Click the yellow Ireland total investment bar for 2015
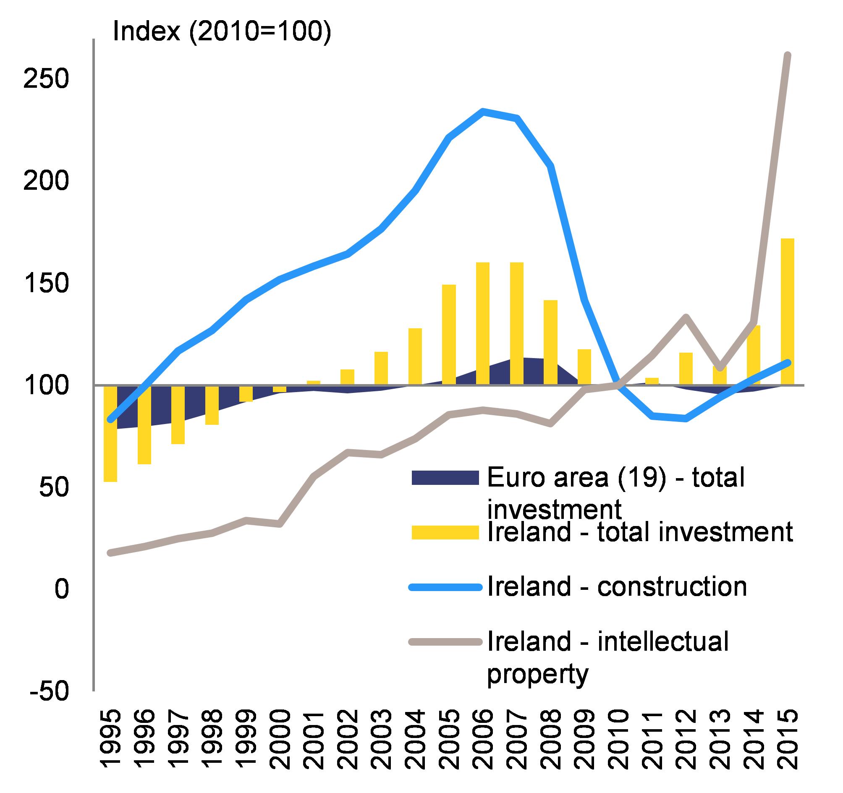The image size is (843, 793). point(788,311)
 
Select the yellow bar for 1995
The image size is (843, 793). point(110,433)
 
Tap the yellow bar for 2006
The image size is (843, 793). point(482,324)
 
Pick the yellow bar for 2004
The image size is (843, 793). point(415,357)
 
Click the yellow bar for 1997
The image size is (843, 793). point(178,415)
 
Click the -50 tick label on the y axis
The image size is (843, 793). point(49,691)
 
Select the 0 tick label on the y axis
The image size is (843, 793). point(61,589)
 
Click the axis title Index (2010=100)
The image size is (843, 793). point(221,31)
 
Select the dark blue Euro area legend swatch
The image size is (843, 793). point(445,477)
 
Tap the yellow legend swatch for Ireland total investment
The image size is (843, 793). point(445,532)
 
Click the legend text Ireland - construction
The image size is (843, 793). point(617,587)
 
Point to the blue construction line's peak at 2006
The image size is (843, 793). point(482,111)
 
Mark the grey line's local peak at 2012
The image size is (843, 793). point(686,317)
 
